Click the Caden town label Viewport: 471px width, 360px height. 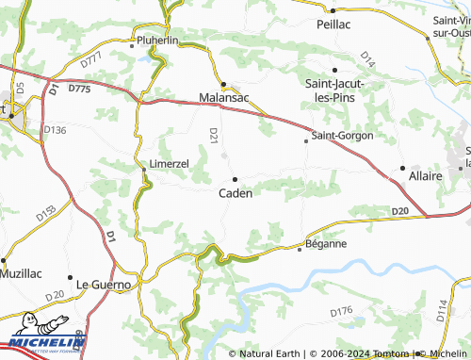pos(235,193)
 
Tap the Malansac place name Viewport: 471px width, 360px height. pos(223,96)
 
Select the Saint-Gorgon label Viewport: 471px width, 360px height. pos(342,136)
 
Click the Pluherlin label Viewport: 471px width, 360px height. pos(157,41)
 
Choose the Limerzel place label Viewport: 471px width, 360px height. pos(170,163)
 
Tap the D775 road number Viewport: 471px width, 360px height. pos(79,89)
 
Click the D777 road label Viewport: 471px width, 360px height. pos(92,59)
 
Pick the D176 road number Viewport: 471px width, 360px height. pos(341,309)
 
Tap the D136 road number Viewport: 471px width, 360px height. pos(56,130)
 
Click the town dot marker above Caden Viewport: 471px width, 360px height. pos(235,178)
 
